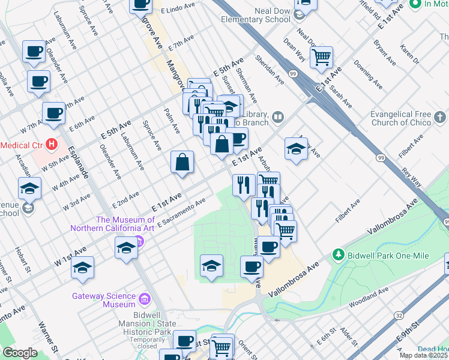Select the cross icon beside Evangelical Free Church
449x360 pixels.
coord(439,118)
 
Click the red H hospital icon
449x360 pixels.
coord(52,145)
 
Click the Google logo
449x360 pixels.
coord(20,353)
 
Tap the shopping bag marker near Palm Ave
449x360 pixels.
coord(182,163)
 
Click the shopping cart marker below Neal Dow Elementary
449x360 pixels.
coord(322,58)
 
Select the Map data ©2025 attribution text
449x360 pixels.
coord(423,355)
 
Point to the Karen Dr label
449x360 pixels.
coord(410,54)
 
